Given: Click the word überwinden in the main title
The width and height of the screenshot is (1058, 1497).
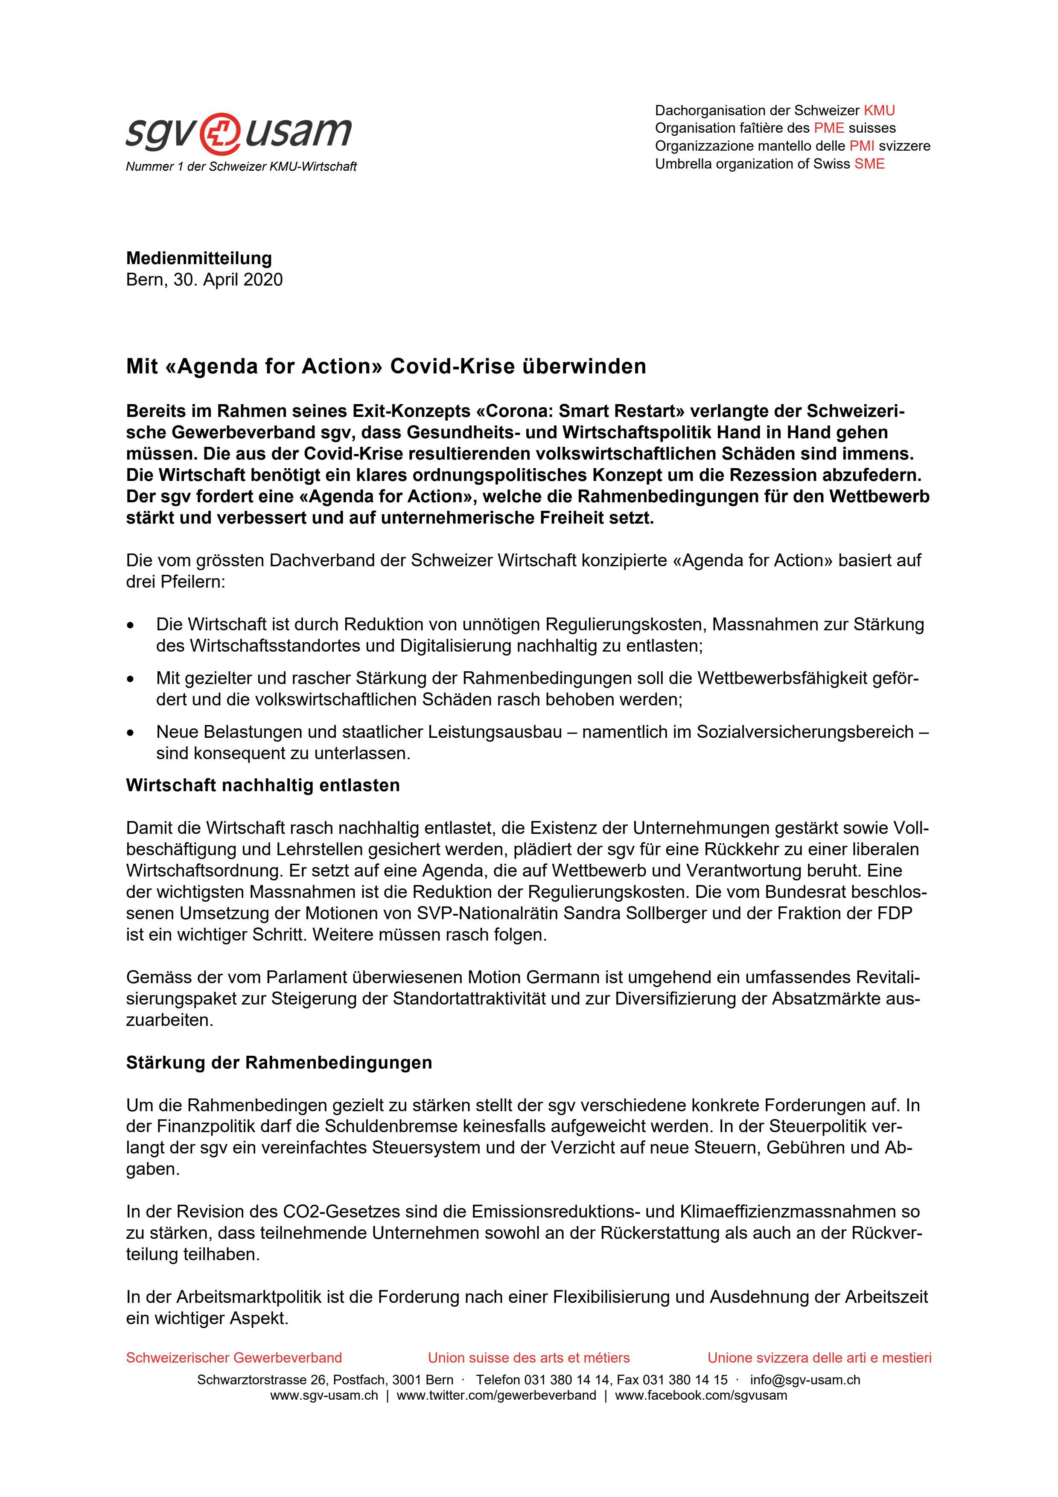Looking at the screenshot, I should [x=584, y=367].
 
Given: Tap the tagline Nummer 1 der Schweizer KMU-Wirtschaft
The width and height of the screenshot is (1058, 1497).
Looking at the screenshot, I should [x=241, y=167].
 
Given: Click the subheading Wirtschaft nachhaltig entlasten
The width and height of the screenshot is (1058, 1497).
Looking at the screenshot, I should [x=263, y=785].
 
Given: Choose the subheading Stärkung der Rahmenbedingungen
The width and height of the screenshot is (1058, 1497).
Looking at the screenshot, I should [x=279, y=1063].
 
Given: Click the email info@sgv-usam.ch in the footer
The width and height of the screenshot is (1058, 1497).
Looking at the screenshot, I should [x=805, y=1380].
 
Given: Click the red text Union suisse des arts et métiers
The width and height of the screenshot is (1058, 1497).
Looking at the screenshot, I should [x=529, y=1358].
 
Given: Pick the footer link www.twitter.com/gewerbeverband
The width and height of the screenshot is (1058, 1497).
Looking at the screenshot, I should [x=496, y=1395].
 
